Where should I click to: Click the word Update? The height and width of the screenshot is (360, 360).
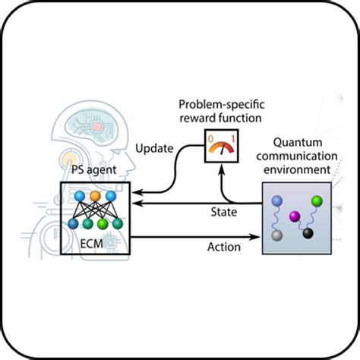click(x=154, y=148)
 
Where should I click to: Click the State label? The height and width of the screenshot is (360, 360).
click(x=224, y=212)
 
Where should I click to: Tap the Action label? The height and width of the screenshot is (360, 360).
click(x=224, y=247)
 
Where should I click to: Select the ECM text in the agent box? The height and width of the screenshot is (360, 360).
click(x=91, y=244)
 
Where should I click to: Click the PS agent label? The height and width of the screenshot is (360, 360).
click(x=93, y=169)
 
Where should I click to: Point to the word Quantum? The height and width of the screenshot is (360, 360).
click(x=298, y=143)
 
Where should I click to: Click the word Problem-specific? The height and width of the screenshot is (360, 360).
click(x=222, y=105)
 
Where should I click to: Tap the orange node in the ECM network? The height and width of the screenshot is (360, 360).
click(x=95, y=196)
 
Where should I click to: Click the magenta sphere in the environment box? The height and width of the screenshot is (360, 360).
click(x=295, y=216)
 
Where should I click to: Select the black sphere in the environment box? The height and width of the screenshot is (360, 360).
click(x=308, y=233)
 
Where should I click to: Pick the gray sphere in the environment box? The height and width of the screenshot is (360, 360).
click(x=277, y=235)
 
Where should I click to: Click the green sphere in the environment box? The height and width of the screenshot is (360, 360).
click(x=317, y=201)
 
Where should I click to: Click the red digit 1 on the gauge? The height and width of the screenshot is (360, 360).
click(x=233, y=139)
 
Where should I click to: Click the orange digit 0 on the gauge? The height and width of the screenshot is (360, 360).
click(x=210, y=139)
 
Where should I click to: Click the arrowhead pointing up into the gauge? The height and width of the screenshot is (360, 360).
click(x=222, y=168)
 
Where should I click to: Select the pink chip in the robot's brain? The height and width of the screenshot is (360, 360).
click(x=96, y=127)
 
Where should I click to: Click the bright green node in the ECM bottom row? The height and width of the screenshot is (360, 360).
click(x=103, y=224)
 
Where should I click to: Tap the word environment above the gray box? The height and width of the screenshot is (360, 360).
click(x=297, y=169)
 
